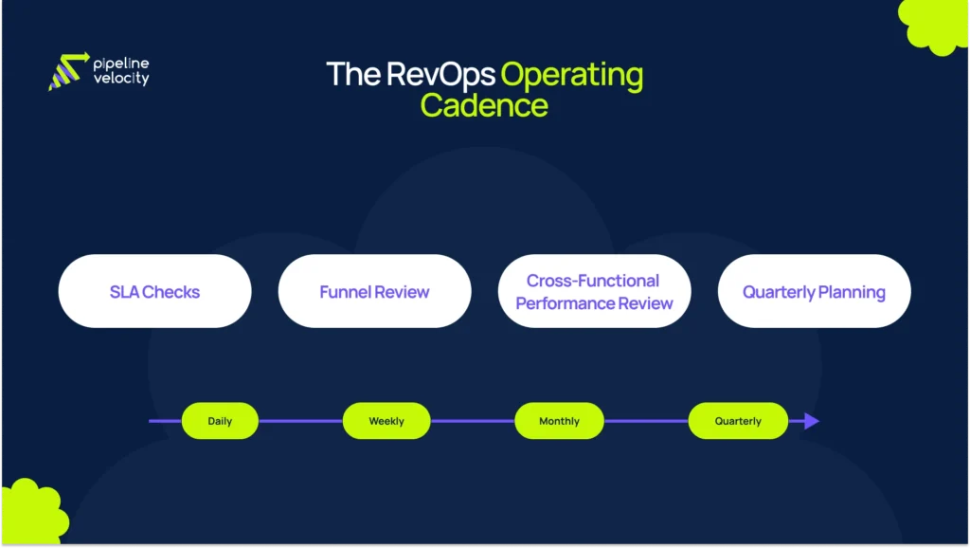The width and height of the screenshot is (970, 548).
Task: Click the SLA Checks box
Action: [x=154, y=291]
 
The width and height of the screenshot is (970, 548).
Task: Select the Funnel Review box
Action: [x=374, y=291]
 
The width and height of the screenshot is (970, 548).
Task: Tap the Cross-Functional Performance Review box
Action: [x=594, y=291]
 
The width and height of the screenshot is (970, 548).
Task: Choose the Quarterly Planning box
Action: [x=814, y=291]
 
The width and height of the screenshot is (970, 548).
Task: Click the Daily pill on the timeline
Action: [x=220, y=421]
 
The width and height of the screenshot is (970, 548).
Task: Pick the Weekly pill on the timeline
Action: [x=386, y=421]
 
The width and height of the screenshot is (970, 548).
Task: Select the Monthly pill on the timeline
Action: [x=559, y=421]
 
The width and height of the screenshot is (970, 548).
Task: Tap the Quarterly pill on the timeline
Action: [x=738, y=421]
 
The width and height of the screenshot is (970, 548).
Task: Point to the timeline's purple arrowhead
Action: [x=811, y=421]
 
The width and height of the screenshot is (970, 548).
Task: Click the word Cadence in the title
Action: [x=484, y=105]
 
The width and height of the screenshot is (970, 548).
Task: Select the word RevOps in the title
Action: [x=440, y=74]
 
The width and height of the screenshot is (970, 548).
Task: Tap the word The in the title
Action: [x=353, y=74]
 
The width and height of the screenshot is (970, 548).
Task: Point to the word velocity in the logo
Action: [x=121, y=80]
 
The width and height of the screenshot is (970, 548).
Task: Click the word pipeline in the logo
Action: [x=121, y=64]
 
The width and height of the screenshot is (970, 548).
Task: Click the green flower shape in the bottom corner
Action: [x=30, y=514]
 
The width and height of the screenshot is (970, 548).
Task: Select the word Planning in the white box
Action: [x=850, y=292]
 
